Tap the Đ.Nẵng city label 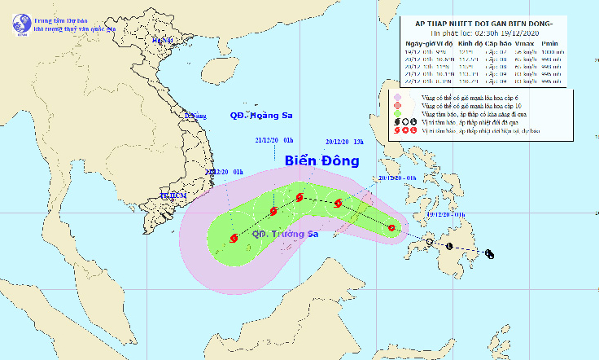[195, 116]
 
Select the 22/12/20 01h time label [225, 172]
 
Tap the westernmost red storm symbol [234, 239]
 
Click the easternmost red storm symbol [391, 228]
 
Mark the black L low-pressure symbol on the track [450, 246]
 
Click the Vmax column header [523, 42]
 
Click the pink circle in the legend [399, 97]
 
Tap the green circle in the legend [399, 114]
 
